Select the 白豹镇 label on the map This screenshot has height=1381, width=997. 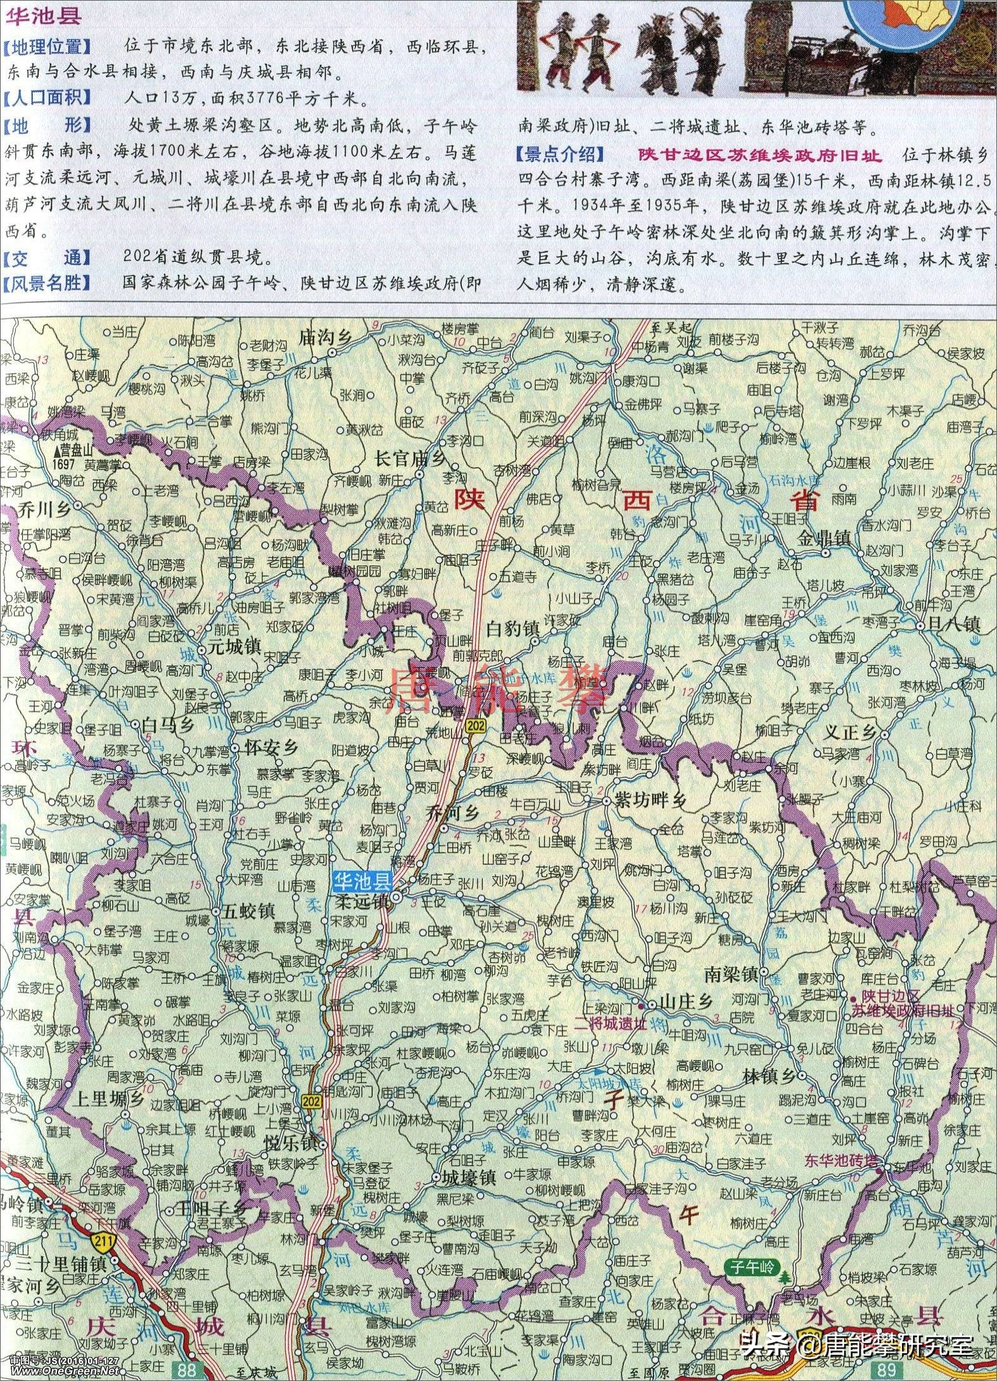coord(512,629)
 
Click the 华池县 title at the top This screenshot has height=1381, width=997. coord(42,16)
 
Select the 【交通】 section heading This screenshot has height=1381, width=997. coord(47,258)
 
